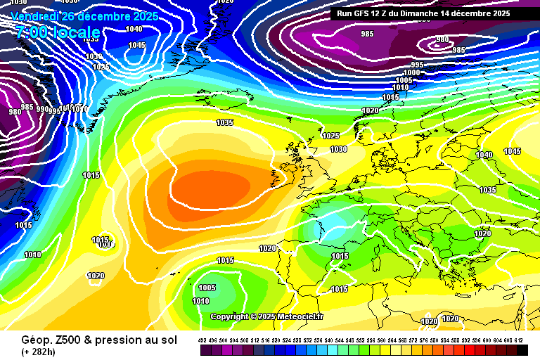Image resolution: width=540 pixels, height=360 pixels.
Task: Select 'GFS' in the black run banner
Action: pos(364,13)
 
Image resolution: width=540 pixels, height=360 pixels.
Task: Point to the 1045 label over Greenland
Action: pos(136,46)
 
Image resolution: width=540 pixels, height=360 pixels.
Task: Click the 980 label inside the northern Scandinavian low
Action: pos(442,40)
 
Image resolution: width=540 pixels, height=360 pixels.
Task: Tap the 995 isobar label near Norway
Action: pos(416,65)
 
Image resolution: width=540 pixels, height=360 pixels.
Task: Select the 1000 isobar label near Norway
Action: pos(411,72)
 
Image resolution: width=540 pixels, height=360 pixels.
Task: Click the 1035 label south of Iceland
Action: pos(224,122)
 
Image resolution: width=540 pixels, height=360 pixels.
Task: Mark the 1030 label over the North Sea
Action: pos(339,149)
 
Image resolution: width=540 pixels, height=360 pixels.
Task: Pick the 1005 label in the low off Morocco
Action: pos(207,288)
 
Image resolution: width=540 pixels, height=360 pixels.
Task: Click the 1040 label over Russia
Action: pos(484,155)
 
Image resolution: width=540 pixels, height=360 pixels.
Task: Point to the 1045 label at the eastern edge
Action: pos(512,151)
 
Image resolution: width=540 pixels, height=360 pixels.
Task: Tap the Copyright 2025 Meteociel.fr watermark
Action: pos(267,316)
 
